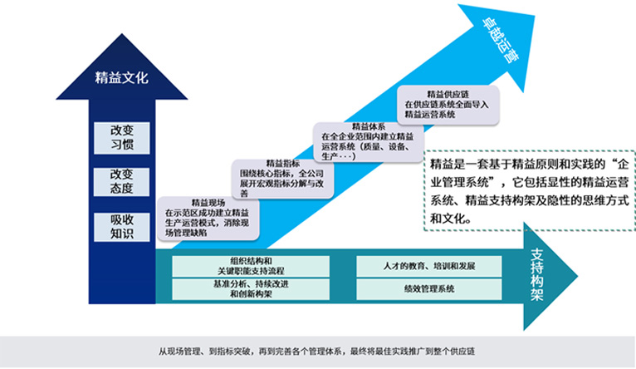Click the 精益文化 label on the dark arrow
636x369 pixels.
pos(121,79)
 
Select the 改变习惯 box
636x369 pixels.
pos(121,136)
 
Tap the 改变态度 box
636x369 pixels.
pos(121,181)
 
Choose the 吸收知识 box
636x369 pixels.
pos(121,226)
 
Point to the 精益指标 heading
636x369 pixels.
pos(282,163)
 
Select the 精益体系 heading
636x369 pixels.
pos(365,126)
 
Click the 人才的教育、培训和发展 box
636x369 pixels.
pos(428,266)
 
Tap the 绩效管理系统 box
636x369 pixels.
pos(428,288)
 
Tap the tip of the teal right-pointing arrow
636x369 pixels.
pos(578,277)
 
